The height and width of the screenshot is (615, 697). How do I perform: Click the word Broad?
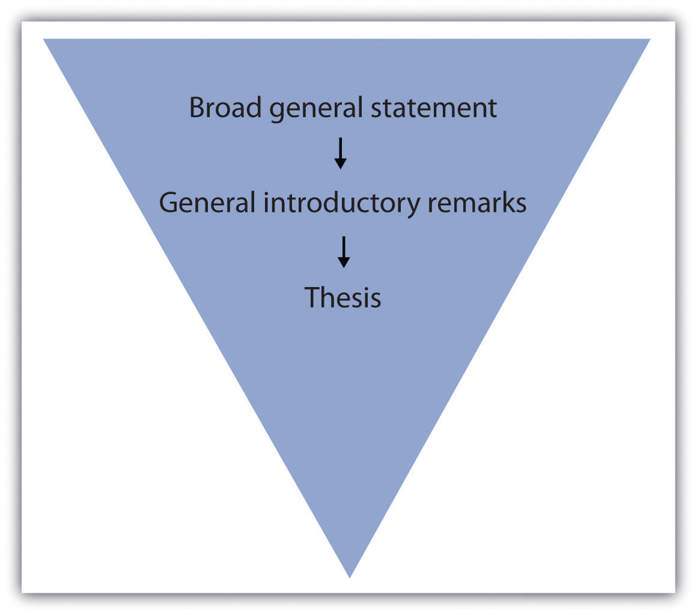[225, 108]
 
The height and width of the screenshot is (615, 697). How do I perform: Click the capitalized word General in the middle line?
[207, 202]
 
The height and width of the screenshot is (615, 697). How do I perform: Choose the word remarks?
[477, 202]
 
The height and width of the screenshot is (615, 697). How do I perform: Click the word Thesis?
[342, 297]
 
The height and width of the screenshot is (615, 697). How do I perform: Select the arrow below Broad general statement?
[341, 153]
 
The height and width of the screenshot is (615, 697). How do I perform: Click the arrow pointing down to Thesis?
[344, 252]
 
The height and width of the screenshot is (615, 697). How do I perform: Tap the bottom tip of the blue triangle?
[350, 578]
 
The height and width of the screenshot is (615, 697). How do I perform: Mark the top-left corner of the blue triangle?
[43, 39]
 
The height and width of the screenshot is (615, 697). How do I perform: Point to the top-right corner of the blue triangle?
[650, 39]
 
